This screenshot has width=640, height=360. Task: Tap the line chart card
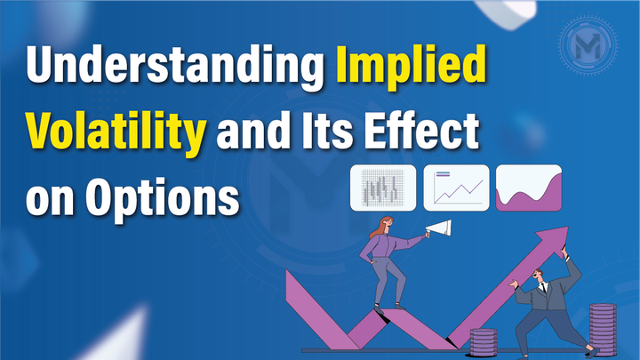pos(457,187)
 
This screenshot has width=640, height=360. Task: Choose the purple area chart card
pos(529,187)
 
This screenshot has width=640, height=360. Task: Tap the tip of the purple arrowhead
pos(567,228)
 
